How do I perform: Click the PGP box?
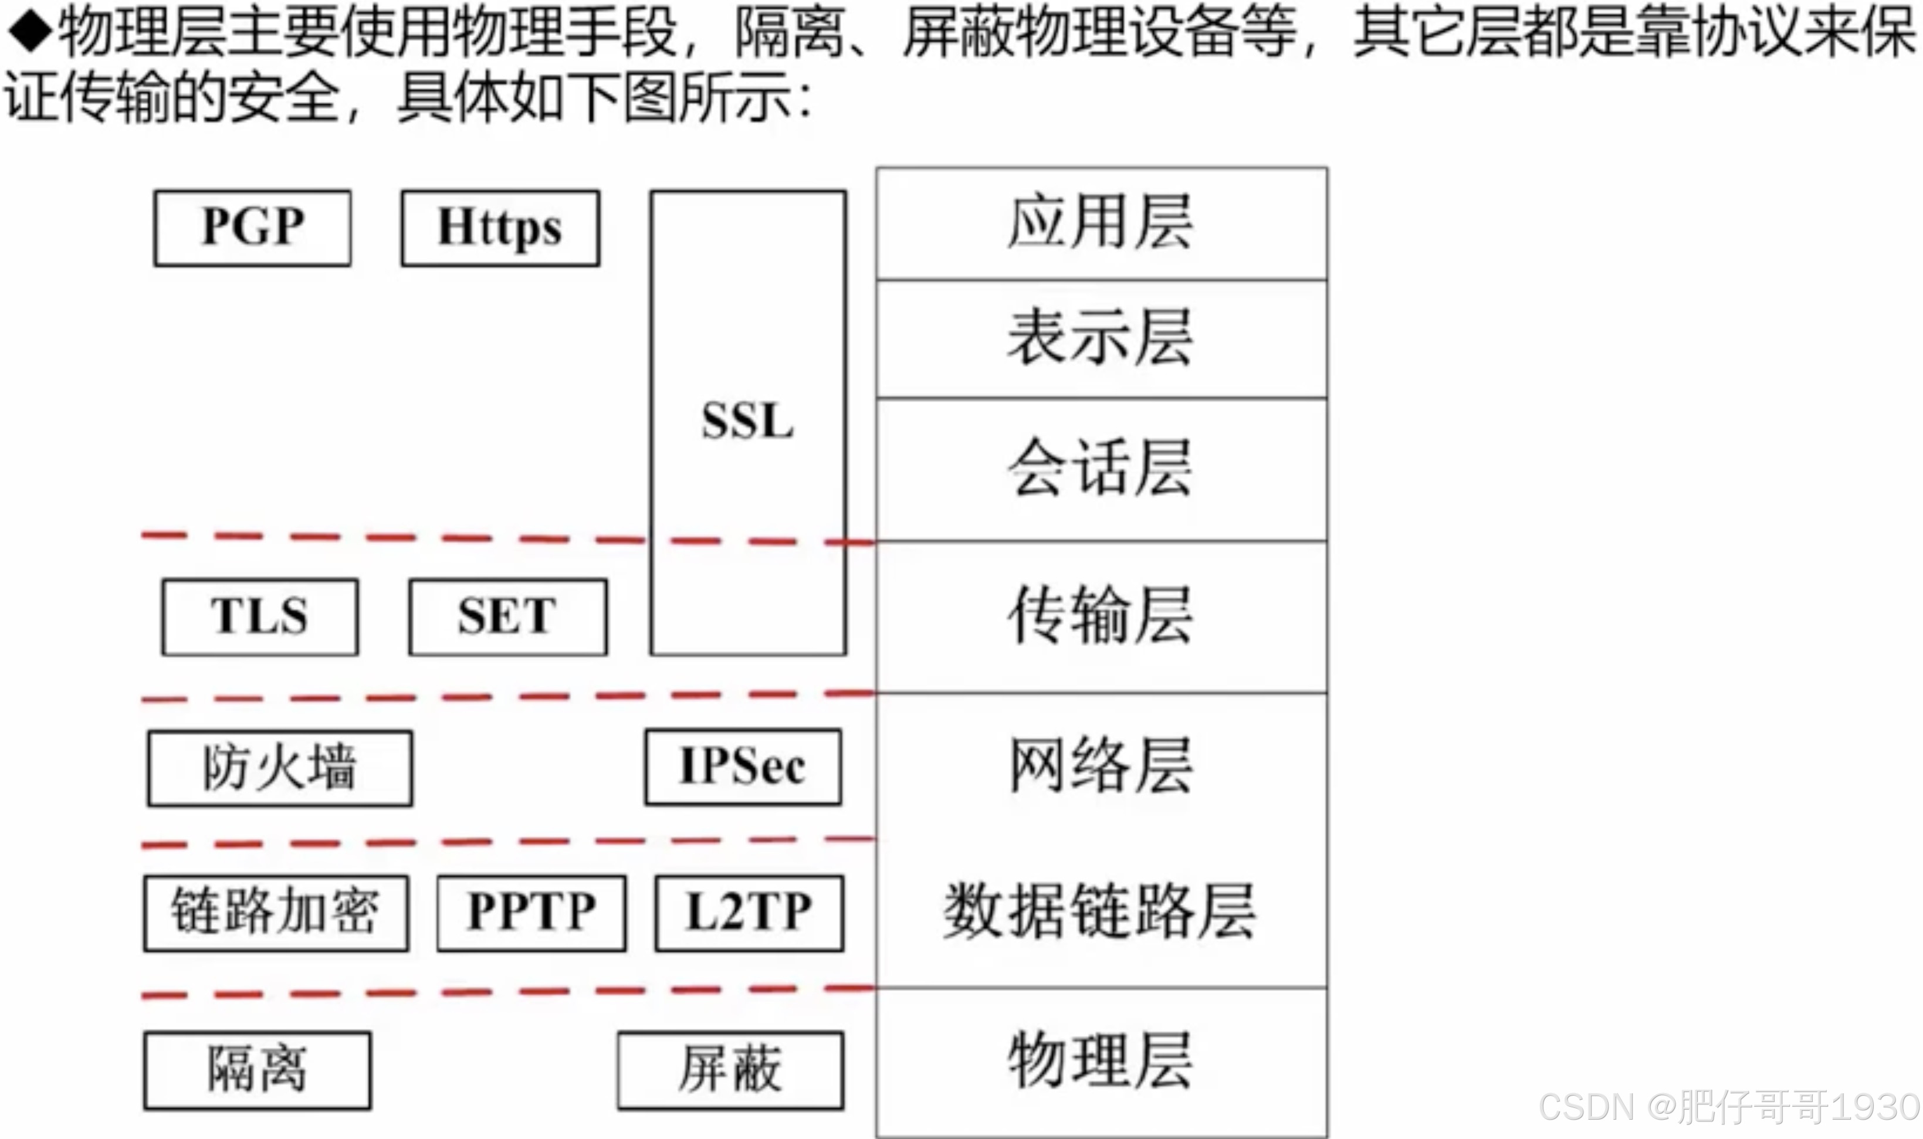point(253,228)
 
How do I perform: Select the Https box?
point(500,228)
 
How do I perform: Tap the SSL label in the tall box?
point(748,421)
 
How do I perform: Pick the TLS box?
point(259,616)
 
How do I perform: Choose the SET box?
point(507,616)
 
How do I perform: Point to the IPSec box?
point(742,767)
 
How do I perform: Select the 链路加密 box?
point(276,913)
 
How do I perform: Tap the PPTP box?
point(531,913)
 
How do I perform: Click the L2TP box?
point(749,913)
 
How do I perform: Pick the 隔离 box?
point(257,1070)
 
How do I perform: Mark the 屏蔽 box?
point(730,1070)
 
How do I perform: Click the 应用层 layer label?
point(1100,223)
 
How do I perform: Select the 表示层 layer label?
point(1100,338)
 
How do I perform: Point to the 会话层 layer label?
point(1100,468)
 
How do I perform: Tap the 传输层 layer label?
point(1100,616)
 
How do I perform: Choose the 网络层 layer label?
point(1100,765)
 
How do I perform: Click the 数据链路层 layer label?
point(1100,912)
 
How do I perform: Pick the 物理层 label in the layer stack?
point(1100,1062)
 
